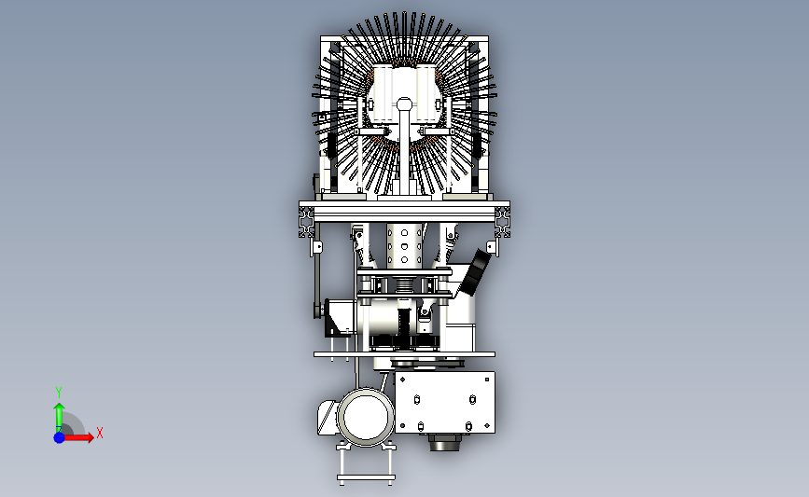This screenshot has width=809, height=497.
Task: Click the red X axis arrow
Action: (x=78, y=437)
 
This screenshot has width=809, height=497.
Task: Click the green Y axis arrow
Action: (x=60, y=417)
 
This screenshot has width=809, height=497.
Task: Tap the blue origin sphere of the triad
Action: (x=60, y=437)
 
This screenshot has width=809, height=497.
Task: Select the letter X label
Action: (x=100, y=433)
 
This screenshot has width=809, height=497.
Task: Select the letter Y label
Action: (x=59, y=393)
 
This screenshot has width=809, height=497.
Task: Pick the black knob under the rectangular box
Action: (x=444, y=442)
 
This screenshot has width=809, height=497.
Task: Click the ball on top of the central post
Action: (x=405, y=104)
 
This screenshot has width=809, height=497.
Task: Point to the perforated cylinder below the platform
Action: (x=405, y=245)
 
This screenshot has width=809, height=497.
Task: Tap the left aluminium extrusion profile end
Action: (x=306, y=223)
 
